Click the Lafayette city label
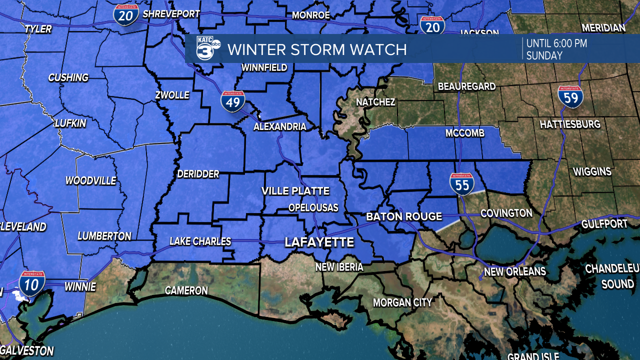coord(319,242)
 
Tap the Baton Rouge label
coord(404,216)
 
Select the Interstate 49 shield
coord(233,101)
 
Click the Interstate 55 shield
coord(462,184)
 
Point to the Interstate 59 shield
coord(570,97)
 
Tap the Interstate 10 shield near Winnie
coord(32,282)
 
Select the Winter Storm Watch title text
coord(317,49)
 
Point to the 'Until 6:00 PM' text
coord(556,43)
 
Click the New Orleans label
coord(514,272)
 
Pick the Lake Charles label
coord(200,241)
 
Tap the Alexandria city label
coord(279,126)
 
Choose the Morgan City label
coord(402,302)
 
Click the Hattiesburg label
coord(570,124)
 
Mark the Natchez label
coord(375,102)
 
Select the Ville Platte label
coord(295,191)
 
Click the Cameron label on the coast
coord(186,290)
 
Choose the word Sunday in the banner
coord(544,55)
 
